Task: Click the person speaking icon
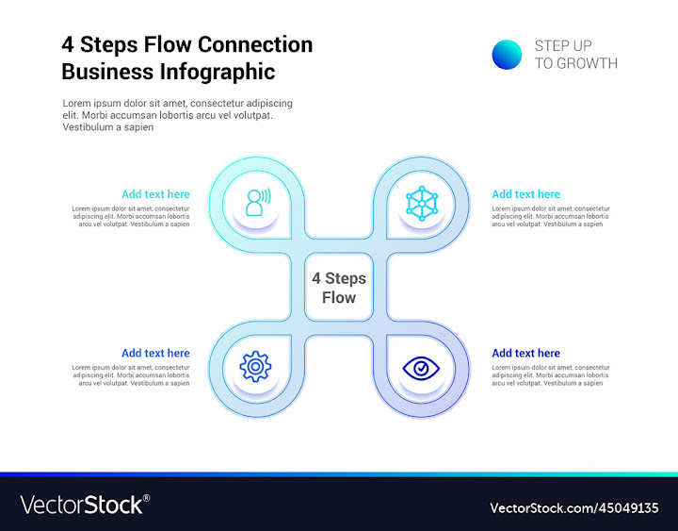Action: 256,202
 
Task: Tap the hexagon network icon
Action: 422,202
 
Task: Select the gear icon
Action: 255,366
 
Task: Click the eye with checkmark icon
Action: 421,367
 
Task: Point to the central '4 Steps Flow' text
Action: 339,288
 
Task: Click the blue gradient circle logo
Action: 507,55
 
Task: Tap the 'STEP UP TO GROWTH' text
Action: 575,55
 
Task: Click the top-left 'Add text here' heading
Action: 155,194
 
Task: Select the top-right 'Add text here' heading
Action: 525,194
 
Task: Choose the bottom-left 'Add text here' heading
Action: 155,353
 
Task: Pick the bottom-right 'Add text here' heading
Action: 525,353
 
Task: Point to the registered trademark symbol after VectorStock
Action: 146,498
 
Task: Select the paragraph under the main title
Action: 177,115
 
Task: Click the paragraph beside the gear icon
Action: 131,375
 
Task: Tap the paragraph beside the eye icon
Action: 551,375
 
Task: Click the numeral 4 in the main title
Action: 68,44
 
